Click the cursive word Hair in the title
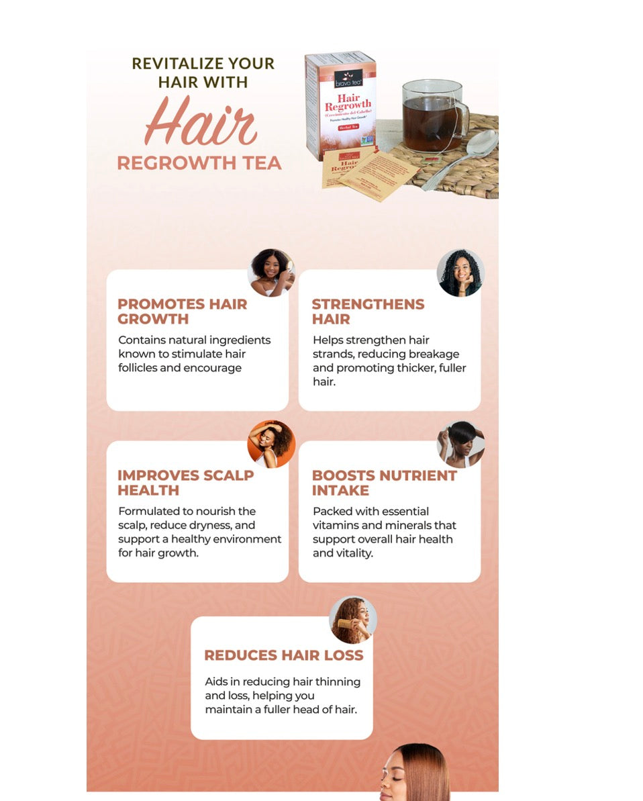point(200,124)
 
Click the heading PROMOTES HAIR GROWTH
point(183,312)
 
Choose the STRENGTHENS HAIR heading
point(368,312)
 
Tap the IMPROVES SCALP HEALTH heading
point(185,483)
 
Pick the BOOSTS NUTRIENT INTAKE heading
point(384,483)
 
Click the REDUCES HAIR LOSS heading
point(283,655)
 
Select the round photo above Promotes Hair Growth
point(271,273)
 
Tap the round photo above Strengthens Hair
point(460,273)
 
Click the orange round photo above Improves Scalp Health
point(271,444)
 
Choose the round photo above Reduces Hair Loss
point(353,620)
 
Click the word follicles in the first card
point(138,368)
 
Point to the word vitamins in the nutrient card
point(335,525)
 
